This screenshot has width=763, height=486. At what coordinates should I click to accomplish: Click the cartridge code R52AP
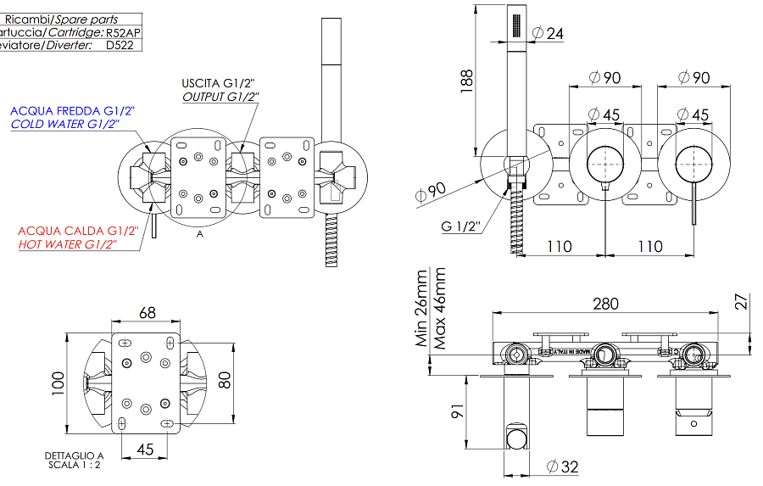(x=124, y=32)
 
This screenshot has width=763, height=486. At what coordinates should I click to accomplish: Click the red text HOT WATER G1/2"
(x=67, y=244)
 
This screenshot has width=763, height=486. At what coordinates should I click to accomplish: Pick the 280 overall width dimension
(x=605, y=304)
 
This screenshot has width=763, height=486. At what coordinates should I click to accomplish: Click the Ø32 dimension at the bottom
(x=563, y=466)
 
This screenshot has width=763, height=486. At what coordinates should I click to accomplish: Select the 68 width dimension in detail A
(x=147, y=313)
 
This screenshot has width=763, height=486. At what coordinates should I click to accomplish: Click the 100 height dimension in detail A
(x=56, y=383)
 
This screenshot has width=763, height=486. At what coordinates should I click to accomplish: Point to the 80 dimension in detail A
(x=225, y=378)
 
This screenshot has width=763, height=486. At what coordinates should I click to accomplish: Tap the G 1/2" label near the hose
(x=460, y=226)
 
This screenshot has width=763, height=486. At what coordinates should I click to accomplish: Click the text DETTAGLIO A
(x=74, y=456)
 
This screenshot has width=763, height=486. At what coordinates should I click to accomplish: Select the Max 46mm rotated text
(x=440, y=309)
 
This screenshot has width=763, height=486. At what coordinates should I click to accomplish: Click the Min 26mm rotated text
(x=421, y=309)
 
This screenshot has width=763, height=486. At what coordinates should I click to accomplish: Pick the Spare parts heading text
(x=86, y=19)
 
